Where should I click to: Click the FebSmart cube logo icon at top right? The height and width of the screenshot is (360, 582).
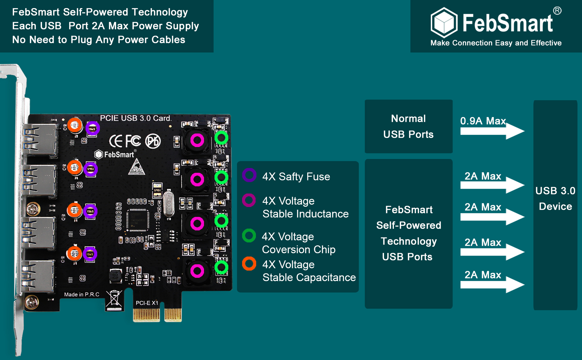pos(444,22)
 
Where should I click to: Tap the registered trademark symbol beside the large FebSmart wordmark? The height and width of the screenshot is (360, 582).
pos(557,11)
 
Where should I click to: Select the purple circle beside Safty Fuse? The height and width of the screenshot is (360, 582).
pos(249,175)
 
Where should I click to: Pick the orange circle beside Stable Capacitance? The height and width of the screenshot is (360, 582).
pos(249,264)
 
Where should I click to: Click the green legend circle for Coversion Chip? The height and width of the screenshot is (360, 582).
pos(249,236)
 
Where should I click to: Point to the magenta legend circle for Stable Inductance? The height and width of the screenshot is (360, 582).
pos(249,200)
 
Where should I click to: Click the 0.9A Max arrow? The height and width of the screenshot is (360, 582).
pos(492,131)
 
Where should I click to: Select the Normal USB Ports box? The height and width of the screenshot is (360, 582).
pos(409,126)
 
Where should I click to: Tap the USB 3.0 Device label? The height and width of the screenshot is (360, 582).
pos(555,199)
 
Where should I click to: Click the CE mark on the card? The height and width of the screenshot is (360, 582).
pos(116,141)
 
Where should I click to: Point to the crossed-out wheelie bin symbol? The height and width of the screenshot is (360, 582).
pos(114,300)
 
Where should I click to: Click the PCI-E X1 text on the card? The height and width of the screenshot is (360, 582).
pos(147,303)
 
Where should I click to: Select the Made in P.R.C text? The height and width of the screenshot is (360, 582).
pos(82,295)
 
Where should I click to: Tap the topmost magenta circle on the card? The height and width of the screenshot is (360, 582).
pos(197,140)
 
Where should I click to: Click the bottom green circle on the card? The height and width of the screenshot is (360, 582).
pos(221,267)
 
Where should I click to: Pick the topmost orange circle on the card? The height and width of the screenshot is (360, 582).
pos(75,125)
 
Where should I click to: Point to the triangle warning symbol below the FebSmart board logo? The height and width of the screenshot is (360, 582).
pos(136,167)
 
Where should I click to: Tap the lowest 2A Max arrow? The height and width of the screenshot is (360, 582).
pos(492,284)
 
